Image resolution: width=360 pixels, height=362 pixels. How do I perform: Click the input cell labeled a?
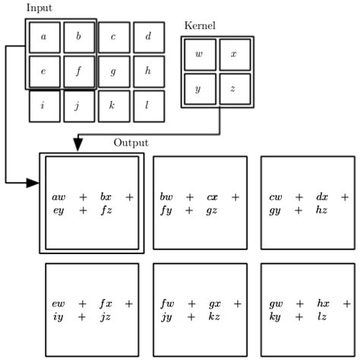click(x=44, y=37)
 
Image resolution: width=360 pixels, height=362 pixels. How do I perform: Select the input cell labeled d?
click(x=148, y=37)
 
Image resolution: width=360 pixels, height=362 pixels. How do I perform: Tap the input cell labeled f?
click(x=78, y=71)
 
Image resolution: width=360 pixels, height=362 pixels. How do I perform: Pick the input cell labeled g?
click(x=113, y=71)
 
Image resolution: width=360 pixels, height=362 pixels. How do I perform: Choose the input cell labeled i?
click(x=44, y=106)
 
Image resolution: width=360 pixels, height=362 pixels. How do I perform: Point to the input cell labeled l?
click(x=148, y=106)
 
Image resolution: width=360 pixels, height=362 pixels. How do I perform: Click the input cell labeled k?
click(x=113, y=106)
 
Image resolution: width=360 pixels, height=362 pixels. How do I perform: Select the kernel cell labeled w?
click(x=199, y=54)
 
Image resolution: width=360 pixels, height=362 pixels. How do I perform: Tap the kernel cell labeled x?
click(x=234, y=54)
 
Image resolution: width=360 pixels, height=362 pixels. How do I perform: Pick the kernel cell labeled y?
click(x=199, y=89)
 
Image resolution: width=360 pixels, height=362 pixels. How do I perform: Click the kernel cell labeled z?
click(x=234, y=89)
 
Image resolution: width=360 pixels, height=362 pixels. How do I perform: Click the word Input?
click(x=39, y=8)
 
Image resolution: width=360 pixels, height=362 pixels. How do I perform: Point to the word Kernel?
click(x=200, y=26)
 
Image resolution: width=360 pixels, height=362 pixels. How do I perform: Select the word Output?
click(x=131, y=142)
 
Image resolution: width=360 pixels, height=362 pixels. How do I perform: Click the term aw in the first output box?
click(x=58, y=198)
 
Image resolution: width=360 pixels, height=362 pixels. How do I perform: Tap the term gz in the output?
click(x=213, y=210)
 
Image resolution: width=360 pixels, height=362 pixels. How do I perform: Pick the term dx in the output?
click(x=322, y=198)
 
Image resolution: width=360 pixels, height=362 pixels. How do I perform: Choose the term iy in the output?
click(x=58, y=316)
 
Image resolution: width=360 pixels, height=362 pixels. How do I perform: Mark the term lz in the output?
click(x=322, y=316)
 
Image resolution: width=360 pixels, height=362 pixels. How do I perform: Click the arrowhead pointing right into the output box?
click(x=33, y=183)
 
